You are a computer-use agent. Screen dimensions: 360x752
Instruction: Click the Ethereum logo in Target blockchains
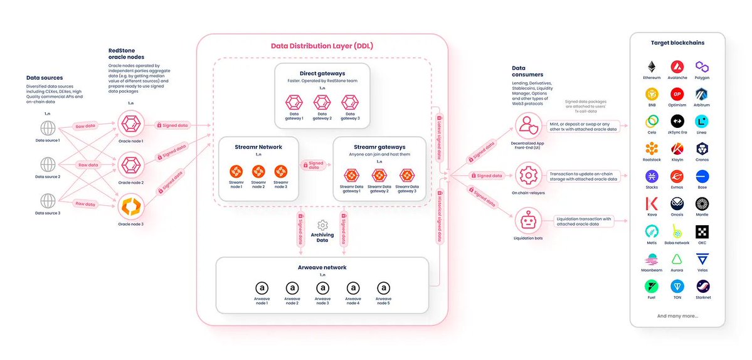(652, 66)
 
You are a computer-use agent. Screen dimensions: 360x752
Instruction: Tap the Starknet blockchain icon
(702, 286)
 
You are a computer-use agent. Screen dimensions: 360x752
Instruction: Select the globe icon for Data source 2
(48, 165)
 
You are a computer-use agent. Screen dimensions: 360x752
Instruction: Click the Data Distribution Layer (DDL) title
(322, 46)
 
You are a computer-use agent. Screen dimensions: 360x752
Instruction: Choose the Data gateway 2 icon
(322, 102)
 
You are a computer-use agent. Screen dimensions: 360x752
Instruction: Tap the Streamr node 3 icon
(280, 171)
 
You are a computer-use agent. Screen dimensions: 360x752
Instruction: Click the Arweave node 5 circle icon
(384, 288)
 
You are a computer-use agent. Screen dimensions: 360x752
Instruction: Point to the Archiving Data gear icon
(322, 225)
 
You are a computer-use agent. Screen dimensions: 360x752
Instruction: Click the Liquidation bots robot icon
(527, 220)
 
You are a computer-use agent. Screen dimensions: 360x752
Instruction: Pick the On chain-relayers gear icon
(527, 172)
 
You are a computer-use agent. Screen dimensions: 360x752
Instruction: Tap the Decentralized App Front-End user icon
(527, 124)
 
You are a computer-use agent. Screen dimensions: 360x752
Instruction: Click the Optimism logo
(677, 94)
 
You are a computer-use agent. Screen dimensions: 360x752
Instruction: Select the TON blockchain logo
(677, 286)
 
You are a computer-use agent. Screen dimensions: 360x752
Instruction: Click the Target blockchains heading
(677, 43)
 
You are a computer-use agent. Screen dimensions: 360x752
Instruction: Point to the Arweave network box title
(322, 267)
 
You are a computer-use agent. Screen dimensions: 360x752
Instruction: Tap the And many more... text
(677, 315)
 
